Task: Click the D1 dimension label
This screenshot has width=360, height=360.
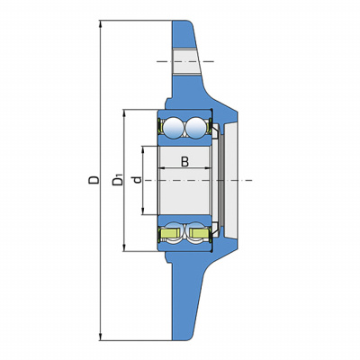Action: [x=117, y=179]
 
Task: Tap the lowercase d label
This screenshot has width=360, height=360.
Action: [x=138, y=180]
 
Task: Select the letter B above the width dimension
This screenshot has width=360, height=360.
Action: [x=185, y=161]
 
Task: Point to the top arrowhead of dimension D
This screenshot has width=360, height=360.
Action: [x=101, y=24]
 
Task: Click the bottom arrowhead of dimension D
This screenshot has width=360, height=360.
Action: [x=101, y=337]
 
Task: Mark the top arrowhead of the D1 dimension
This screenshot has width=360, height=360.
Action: [x=124, y=113]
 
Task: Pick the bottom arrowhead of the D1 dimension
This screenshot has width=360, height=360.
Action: [x=124, y=247]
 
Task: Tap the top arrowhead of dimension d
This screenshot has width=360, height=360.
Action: [x=143, y=150]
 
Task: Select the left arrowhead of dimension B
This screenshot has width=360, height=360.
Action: [x=162, y=168]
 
